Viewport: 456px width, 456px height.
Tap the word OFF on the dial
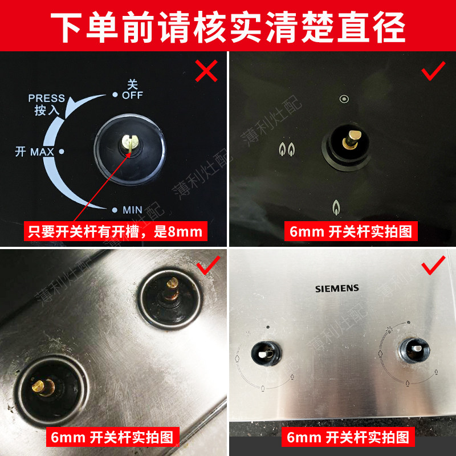pyautogui.click(x=132, y=95)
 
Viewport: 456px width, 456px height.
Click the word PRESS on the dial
pyautogui.click(x=47, y=98)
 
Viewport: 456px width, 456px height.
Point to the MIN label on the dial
pyautogui.click(x=132, y=210)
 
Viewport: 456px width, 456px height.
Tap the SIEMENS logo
pyautogui.click(x=337, y=288)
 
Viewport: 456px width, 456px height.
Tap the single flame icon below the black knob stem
pyautogui.click(x=336, y=207)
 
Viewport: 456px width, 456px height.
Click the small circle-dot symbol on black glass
pyautogui.click(x=344, y=99)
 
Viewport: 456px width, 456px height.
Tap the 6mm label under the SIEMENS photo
pyautogui.click(x=348, y=438)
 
